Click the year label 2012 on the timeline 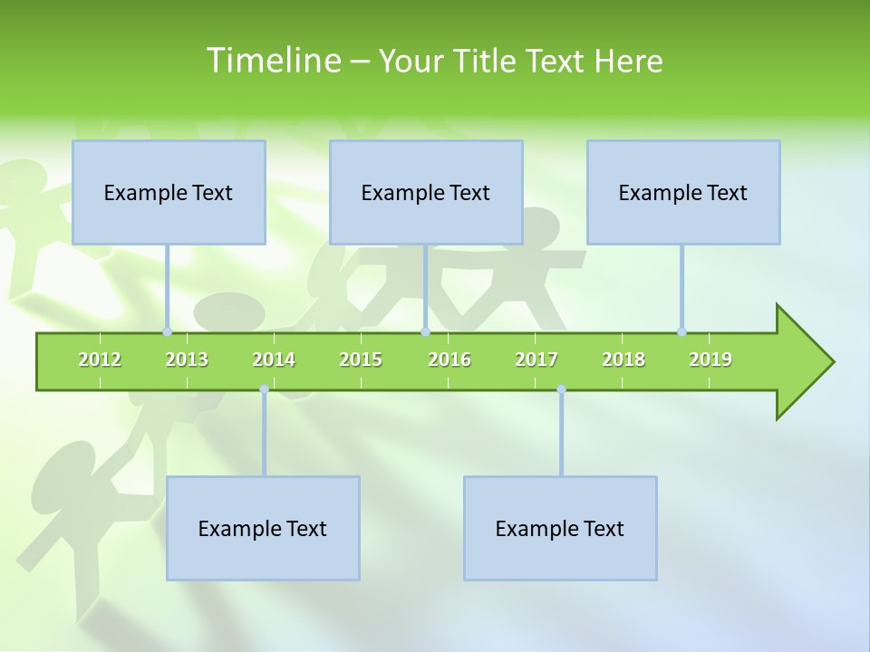point(100,360)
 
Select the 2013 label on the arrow point(187,360)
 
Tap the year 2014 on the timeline point(274,360)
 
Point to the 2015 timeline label point(361,360)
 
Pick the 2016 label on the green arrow point(449,360)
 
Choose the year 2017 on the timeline point(536,360)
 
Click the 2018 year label point(623,360)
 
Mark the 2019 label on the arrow point(710,360)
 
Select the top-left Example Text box point(169,192)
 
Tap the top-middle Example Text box point(426,192)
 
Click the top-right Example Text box point(683,192)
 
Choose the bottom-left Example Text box point(263,528)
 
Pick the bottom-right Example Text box point(560,528)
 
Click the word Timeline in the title point(271,61)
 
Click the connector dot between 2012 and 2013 point(167,331)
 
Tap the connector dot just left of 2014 point(264,389)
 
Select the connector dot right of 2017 point(561,389)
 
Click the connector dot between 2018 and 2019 point(681,331)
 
